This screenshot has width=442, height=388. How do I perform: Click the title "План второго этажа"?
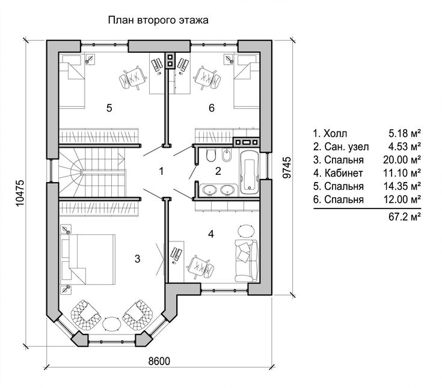[158, 20]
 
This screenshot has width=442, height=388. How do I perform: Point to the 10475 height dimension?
[20, 193]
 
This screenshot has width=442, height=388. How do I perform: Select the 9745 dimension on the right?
[286, 168]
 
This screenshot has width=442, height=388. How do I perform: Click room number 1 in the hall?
[161, 171]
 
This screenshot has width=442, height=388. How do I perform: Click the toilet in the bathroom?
[211, 156]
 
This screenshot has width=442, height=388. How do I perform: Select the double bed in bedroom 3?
[88, 259]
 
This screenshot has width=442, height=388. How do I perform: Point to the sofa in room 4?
[247, 261]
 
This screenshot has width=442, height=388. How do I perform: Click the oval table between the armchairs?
[112, 324]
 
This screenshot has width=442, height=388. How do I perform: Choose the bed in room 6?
[247, 81]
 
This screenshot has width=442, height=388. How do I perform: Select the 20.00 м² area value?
[402, 160]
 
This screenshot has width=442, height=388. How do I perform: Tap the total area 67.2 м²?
[405, 217]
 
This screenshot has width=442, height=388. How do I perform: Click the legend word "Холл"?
[336, 133]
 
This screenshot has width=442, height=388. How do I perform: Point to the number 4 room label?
[211, 234]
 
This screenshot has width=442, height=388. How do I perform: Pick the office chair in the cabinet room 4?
[201, 267]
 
